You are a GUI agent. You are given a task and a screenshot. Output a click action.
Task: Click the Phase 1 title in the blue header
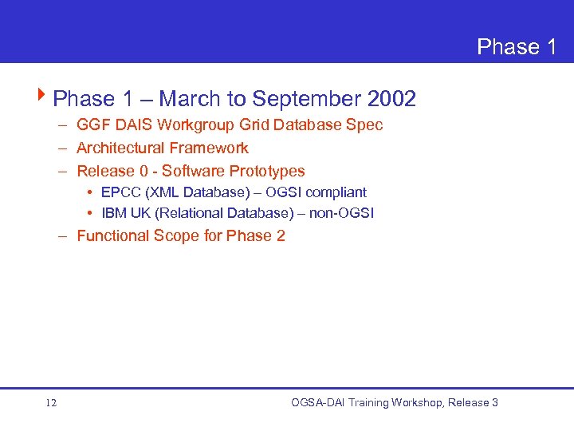pyautogui.click(x=517, y=47)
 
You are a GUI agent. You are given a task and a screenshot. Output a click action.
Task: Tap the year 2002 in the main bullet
pyautogui.click(x=391, y=99)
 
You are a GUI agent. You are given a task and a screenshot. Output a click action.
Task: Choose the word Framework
pyautogui.click(x=208, y=148)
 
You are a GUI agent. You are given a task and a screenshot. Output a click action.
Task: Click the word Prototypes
pyautogui.click(x=267, y=172)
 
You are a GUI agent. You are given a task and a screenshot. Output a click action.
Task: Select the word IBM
pyautogui.click(x=114, y=213)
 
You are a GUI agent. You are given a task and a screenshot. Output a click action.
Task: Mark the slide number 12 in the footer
pyautogui.click(x=51, y=403)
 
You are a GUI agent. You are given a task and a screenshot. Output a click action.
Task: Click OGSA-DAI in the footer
pyautogui.click(x=317, y=403)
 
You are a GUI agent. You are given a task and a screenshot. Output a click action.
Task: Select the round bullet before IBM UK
pyautogui.click(x=92, y=213)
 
